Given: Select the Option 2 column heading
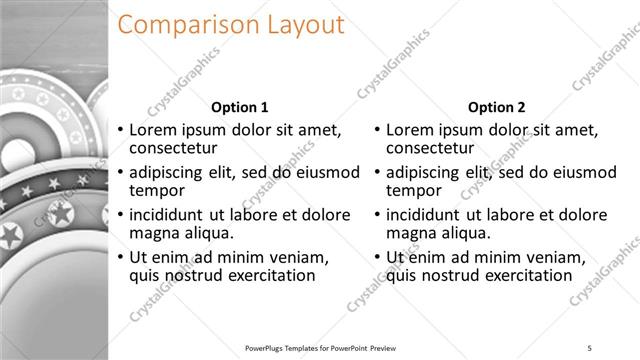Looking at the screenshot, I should (x=496, y=107).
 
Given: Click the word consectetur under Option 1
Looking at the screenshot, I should (x=181, y=148).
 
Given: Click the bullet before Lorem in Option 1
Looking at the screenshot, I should (x=121, y=130).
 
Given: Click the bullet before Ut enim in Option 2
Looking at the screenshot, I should (x=377, y=257).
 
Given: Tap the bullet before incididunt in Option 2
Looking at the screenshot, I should (x=377, y=214).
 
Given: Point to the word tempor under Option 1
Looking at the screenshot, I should (x=157, y=190).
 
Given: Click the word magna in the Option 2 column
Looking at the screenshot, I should (x=410, y=233).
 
